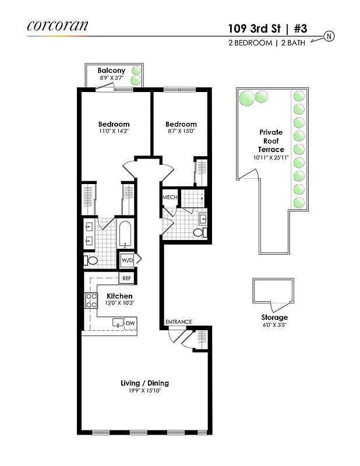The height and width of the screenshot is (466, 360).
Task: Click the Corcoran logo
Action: click(x=57, y=25)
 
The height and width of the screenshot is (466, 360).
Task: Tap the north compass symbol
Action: click(x=329, y=36)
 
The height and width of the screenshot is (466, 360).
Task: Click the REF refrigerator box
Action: click(x=126, y=278)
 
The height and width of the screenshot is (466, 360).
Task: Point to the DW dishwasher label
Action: click(x=130, y=323)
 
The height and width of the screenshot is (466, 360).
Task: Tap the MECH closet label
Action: click(x=170, y=197)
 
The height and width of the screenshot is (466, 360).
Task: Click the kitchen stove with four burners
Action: click(x=91, y=301)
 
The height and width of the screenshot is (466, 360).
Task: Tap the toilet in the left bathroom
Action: click(x=91, y=260)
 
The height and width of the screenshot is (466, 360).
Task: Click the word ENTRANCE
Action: click(x=178, y=322)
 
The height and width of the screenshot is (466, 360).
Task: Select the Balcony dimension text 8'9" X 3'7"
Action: click(x=111, y=78)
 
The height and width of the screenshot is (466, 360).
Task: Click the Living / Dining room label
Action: click(x=144, y=383)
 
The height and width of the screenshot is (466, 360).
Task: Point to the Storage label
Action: click(x=274, y=317)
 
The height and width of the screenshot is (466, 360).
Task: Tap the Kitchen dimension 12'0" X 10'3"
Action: click(x=119, y=303)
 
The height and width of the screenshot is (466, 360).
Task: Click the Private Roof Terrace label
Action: click(x=271, y=141)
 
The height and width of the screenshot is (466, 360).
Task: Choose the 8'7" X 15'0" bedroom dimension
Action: click(x=181, y=132)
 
